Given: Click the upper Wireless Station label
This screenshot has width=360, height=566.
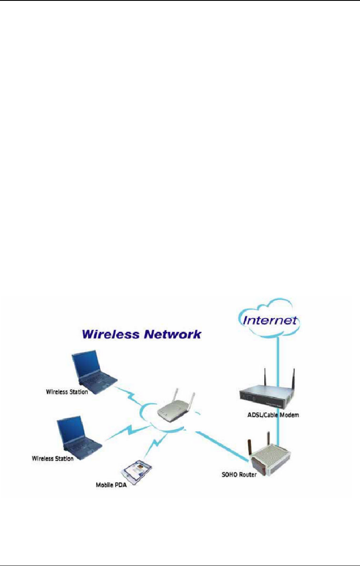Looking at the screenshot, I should click(x=67, y=392).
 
